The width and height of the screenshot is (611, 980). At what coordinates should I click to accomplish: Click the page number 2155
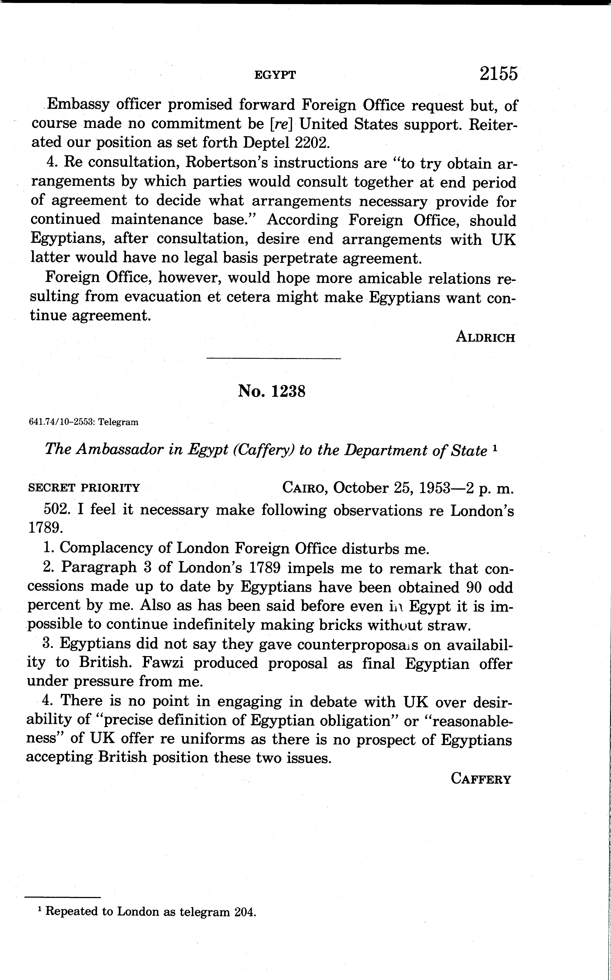point(498,74)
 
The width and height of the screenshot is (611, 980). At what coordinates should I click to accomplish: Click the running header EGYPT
point(275,75)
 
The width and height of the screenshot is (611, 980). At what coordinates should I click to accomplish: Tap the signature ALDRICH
point(485,337)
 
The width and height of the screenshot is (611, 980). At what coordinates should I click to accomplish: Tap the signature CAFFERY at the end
point(481,779)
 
